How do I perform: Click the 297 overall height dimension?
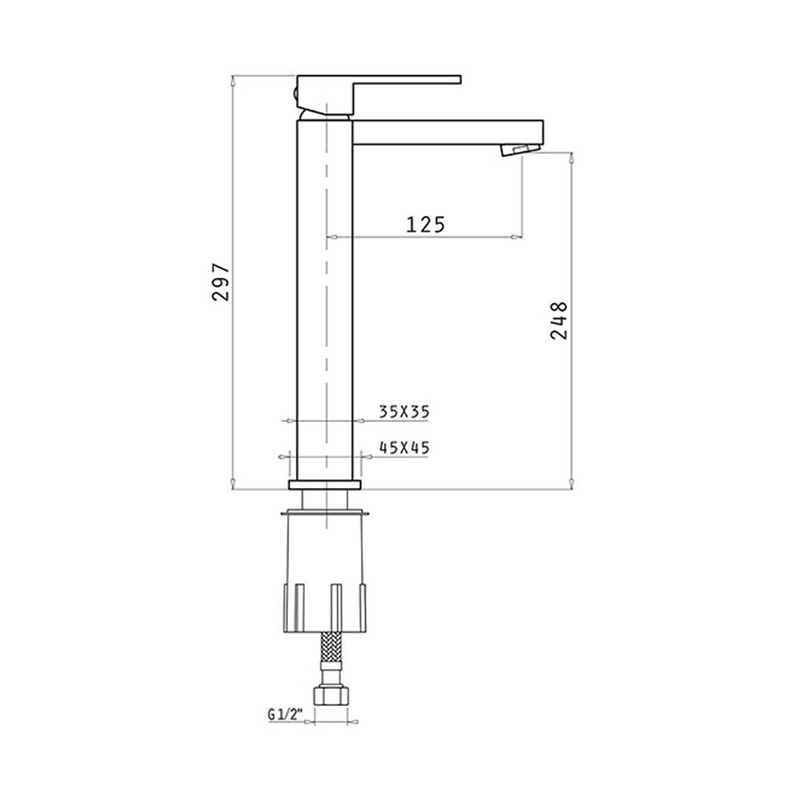tap(221, 281)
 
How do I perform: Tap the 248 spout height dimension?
tap(559, 321)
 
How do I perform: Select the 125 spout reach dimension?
tap(425, 224)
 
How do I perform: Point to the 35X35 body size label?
tap(405, 412)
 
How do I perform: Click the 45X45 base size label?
tap(405, 448)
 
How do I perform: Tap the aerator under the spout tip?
tap(520, 150)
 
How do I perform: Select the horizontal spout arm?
tap(449, 132)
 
